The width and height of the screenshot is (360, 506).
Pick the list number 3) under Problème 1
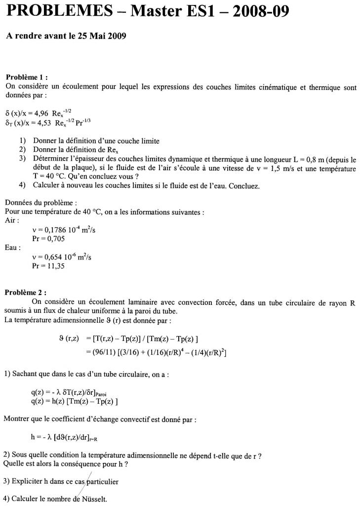pyautogui.click(x=22, y=159)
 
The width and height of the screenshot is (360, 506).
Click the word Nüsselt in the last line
pyautogui.click(x=93, y=499)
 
